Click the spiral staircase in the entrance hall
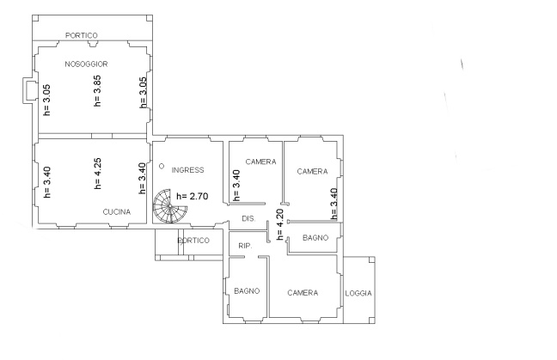coord(170,206)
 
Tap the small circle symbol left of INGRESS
coord(162,166)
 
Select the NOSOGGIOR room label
coord(86,64)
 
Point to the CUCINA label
coord(117,212)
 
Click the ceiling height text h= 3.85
coord(97,90)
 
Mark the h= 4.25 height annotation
coord(97,174)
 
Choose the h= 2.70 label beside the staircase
coord(193,196)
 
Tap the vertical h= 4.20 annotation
coord(280,224)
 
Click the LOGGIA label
coord(358,293)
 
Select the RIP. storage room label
coord(245,246)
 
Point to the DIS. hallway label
coord(248,219)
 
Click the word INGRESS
coord(187,170)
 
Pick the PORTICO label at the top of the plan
coord(82,35)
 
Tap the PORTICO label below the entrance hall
coord(193,241)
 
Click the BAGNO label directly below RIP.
coord(247,291)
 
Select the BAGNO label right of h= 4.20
coord(315,238)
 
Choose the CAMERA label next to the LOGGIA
coord(303,293)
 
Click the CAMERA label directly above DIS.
coord(260,162)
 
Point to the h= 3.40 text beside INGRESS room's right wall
coord(236,186)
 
